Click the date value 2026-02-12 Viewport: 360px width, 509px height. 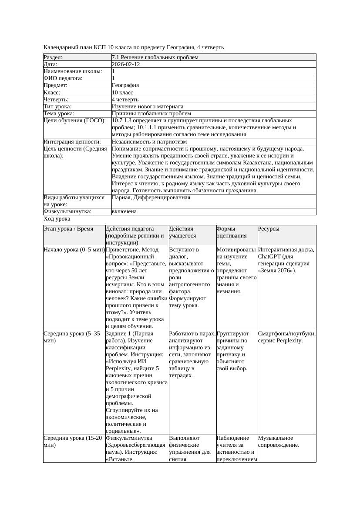click(126, 64)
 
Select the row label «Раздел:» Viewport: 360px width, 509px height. click(53, 57)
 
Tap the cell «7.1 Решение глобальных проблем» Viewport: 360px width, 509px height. click(155, 57)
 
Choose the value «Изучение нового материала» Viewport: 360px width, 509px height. click(148, 106)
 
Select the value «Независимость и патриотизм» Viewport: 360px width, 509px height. click(149, 141)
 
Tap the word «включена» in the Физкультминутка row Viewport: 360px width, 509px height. click(124, 211)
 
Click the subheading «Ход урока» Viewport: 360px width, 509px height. click(57, 219)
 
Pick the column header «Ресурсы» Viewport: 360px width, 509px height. click(269, 229)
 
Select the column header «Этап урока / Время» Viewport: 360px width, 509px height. click(68, 229)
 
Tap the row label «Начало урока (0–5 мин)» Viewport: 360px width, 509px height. click(74, 250)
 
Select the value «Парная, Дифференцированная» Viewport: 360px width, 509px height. click(151, 198)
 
